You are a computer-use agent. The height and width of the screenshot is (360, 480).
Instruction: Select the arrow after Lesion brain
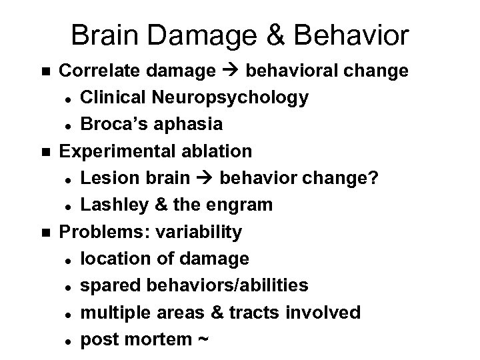207,178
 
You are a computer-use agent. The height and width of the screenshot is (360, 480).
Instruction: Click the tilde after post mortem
203,339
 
